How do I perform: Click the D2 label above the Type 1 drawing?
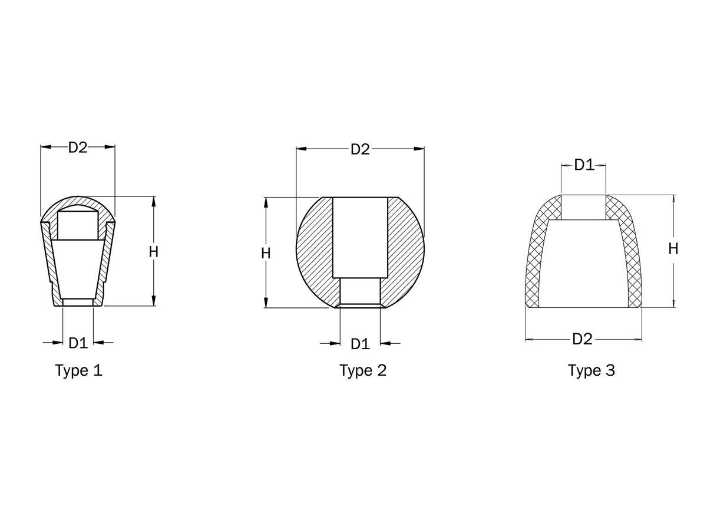click(78, 147)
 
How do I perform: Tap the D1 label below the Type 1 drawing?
click(78, 343)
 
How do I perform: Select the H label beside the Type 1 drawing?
click(153, 252)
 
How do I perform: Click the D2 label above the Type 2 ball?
click(360, 149)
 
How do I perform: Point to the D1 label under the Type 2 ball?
click(360, 344)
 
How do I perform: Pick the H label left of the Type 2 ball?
click(266, 253)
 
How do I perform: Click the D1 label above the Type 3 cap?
click(584, 165)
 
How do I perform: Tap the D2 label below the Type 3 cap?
click(582, 339)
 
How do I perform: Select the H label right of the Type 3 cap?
click(673, 249)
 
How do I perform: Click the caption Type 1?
click(79, 370)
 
